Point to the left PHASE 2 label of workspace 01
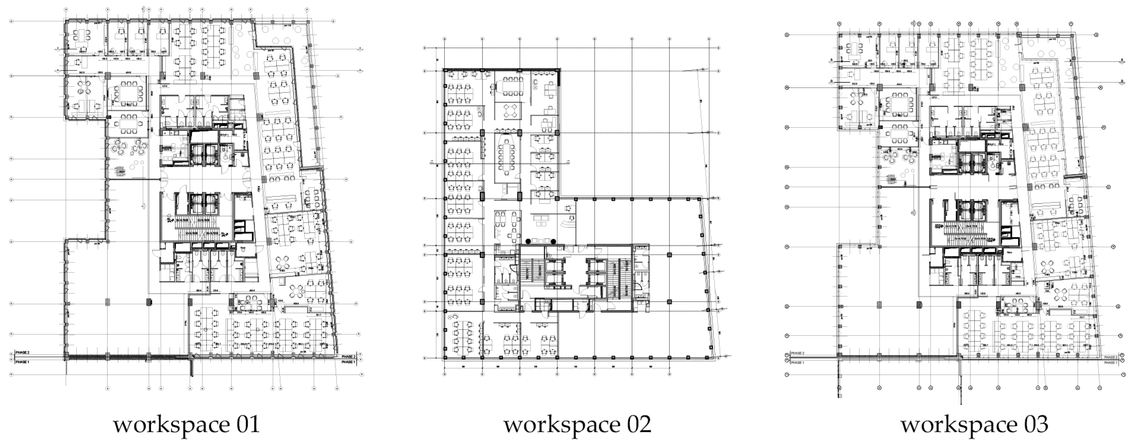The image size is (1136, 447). (x=22, y=353)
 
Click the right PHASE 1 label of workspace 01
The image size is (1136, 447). (x=348, y=362)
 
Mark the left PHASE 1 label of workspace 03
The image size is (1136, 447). (x=797, y=362)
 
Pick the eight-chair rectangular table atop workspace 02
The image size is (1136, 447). (x=513, y=86)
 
